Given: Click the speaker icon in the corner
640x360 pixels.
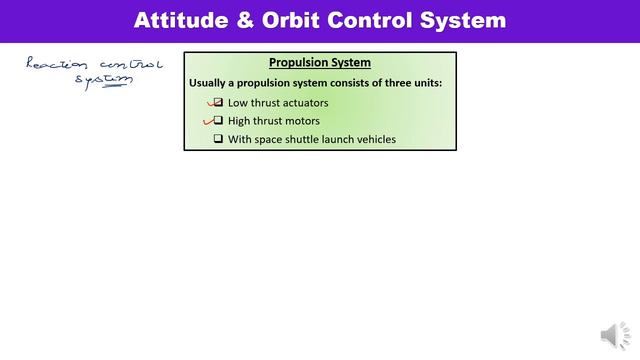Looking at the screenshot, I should [x=609, y=335].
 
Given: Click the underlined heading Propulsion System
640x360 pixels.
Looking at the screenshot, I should [x=320, y=62].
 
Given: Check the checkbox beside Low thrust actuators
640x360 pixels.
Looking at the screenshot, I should [x=218, y=102].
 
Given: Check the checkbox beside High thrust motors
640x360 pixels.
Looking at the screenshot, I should [x=218, y=121].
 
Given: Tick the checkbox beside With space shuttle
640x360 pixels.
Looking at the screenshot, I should [x=218, y=139].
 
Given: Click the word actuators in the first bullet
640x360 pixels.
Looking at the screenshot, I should [x=302, y=103].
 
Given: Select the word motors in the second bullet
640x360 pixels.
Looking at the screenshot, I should [x=301, y=121].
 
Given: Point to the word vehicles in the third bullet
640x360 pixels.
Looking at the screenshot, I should [x=375, y=140].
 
